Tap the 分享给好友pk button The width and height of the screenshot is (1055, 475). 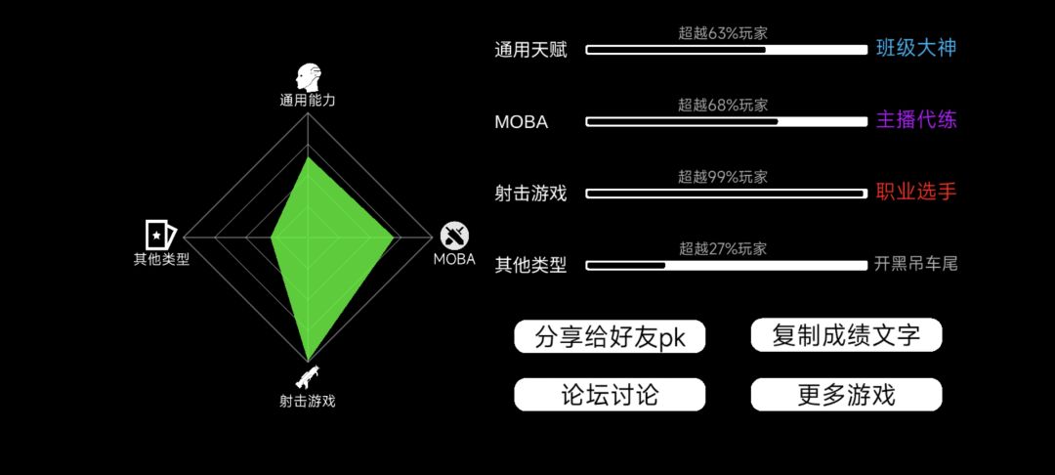point(610,336)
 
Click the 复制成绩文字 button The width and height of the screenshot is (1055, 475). point(846,335)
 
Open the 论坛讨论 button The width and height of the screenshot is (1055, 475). point(610,395)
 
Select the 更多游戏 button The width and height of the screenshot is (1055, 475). point(846,395)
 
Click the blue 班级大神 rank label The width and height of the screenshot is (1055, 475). point(915,48)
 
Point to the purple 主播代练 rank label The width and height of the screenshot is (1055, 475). point(915,120)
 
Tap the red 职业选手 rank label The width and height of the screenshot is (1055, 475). point(915,192)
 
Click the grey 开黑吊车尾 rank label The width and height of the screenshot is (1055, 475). point(915,264)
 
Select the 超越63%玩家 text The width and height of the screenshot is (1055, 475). point(723,33)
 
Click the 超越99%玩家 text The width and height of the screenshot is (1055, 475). point(723,177)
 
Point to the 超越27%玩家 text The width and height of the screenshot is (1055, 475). point(723,249)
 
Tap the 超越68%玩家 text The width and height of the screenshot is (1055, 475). point(723,105)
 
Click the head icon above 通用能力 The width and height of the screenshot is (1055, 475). point(308,78)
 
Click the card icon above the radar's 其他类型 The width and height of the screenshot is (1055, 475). point(161,235)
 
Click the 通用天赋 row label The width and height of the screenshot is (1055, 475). point(530,51)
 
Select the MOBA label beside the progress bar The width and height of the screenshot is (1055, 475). point(522,122)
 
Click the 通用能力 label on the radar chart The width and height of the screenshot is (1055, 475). point(308,101)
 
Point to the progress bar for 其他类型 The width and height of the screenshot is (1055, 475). point(727,265)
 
